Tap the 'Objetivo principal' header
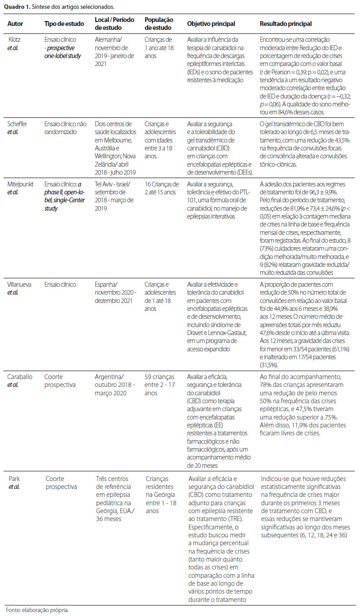211,24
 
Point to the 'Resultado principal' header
286,24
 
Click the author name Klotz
15,39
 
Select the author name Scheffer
18,124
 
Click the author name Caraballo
20,377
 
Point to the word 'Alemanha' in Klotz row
108,39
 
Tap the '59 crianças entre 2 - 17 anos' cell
160,385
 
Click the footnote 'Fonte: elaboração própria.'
37,610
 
